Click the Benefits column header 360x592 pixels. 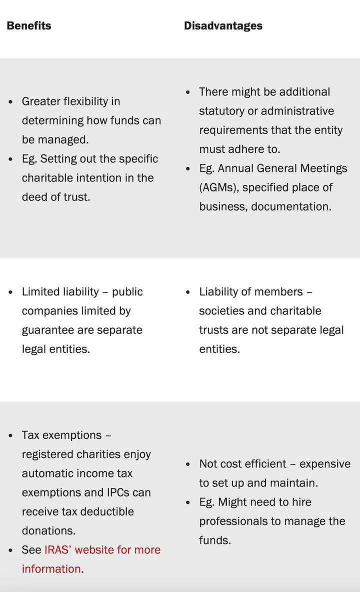click(x=29, y=25)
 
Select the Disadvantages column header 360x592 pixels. click(x=223, y=25)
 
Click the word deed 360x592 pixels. click(x=34, y=197)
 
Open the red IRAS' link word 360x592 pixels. click(x=58, y=550)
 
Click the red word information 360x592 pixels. click(x=51, y=569)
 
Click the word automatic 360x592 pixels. click(x=46, y=473)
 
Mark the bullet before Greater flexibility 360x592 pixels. click(x=11, y=102)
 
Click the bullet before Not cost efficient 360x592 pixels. click(x=188, y=464)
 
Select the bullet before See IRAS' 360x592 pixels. click(x=11, y=550)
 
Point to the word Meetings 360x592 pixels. click(x=323, y=168)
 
